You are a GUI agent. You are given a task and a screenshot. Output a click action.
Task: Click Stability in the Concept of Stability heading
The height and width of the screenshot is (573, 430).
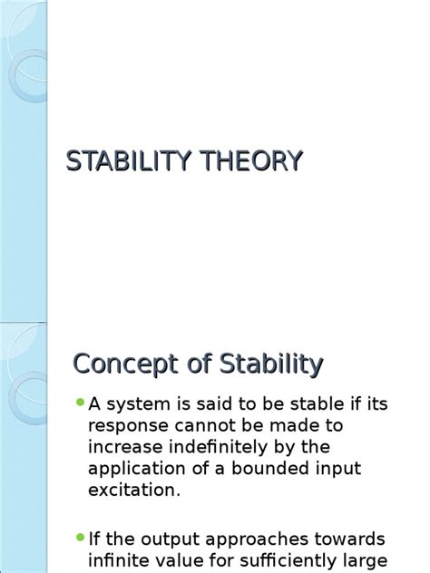pyautogui.click(x=271, y=364)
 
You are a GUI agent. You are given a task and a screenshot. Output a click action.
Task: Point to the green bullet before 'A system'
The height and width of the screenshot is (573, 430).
pyautogui.click(x=80, y=402)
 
